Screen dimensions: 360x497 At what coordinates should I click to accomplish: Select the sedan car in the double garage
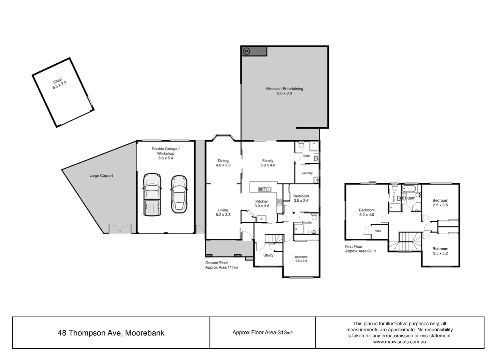(179, 194)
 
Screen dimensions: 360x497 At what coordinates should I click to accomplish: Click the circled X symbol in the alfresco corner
(246, 51)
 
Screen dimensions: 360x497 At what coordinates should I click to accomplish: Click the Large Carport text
(101, 176)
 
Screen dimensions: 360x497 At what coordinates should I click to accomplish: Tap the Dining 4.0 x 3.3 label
(223, 163)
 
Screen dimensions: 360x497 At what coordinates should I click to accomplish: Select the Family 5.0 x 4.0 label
(267, 163)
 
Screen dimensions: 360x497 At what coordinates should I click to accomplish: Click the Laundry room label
(307, 173)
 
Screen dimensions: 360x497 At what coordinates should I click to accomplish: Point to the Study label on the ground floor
(268, 255)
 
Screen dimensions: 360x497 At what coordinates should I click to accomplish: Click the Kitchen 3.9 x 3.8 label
(262, 203)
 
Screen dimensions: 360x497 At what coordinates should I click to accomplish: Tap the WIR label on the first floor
(378, 231)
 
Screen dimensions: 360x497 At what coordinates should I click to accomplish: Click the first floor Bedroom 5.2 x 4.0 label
(366, 212)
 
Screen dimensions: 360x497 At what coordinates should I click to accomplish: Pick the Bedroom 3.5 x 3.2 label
(440, 251)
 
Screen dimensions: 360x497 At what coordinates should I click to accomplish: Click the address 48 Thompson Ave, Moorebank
(111, 333)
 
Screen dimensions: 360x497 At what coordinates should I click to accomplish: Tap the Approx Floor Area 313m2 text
(262, 332)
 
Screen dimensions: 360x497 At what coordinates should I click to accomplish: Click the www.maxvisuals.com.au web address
(399, 342)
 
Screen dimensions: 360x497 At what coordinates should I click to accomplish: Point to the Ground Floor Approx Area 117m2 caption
(222, 265)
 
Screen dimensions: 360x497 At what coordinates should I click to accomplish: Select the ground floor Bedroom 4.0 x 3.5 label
(301, 259)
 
